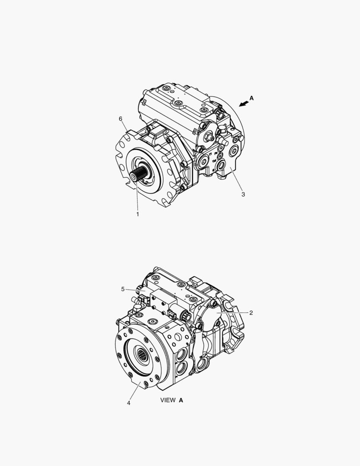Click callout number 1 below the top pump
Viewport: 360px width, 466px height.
point(138,214)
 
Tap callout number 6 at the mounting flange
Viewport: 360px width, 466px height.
point(120,119)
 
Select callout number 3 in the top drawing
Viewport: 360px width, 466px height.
point(243,194)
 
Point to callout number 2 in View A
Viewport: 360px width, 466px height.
point(251,313)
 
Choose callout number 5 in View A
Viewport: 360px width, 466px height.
point(123,289)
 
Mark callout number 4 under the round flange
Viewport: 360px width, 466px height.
point(128,403)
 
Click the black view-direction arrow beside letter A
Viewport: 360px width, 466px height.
point(244,103)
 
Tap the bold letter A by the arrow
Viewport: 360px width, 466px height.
point(252,98)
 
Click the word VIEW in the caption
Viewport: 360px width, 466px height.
point(168,400)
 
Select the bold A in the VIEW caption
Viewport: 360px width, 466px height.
point(181,400)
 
